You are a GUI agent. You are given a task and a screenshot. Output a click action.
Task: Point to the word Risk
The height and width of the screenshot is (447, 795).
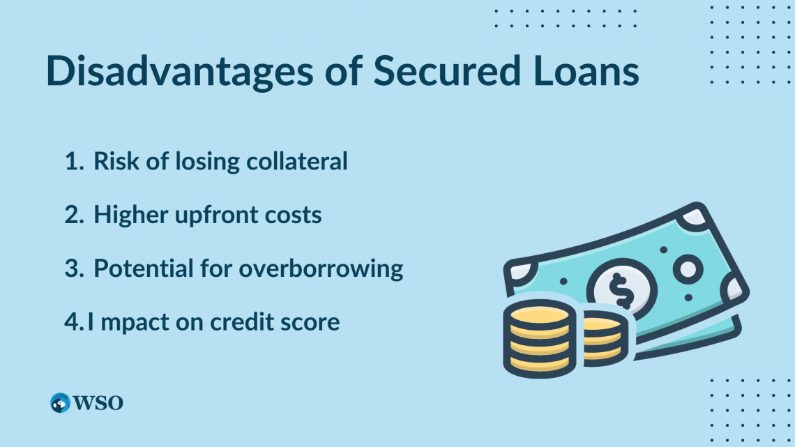coord(114,162)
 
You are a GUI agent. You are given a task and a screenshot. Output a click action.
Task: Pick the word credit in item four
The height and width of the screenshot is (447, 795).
coord(245,322)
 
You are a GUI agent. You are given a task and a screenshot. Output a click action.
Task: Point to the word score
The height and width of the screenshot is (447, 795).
coord(311,322)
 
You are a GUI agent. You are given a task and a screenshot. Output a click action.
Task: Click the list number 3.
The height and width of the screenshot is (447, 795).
coord(73,268)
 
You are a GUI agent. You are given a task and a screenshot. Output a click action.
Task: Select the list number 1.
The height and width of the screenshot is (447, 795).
coord(73,162)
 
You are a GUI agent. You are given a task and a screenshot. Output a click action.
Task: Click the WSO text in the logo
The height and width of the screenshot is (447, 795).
coord(98,402)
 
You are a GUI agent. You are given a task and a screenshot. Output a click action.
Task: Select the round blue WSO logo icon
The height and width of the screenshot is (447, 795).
coord(61,402)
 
